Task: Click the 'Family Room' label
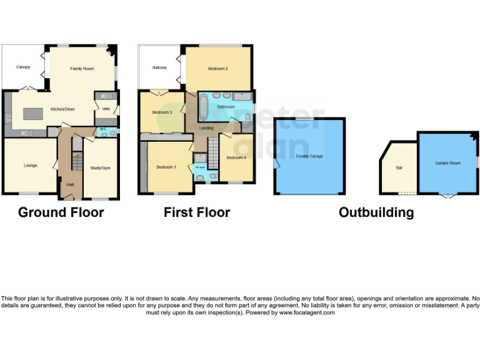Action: coord(82,68)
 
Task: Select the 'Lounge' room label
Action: coord(30,166)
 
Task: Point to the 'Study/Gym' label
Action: coord(101,167)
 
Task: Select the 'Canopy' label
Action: coord(23,67)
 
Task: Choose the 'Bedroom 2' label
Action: coord(217,68)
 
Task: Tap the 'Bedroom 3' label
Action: coord(162,112)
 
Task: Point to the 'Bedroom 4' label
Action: coord(236,157)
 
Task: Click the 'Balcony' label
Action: coord(159,67)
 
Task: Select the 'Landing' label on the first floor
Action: coord(206,128)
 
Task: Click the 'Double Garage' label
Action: coord(309,156)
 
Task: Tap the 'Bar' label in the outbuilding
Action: coord(399,167)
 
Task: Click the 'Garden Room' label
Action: coord(447,162)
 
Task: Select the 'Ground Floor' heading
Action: coord(61,212)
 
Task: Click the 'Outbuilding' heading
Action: coord(376,212)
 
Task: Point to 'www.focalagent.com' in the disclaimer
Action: coord(306,312)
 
